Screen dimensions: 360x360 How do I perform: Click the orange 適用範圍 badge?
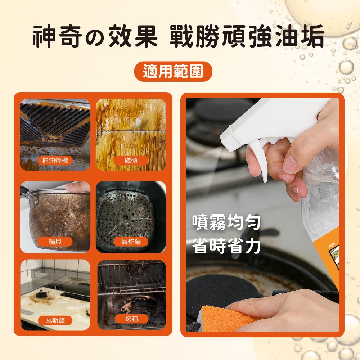click(x=173, y=71)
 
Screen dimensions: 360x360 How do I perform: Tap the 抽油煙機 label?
click(x=55, y=161)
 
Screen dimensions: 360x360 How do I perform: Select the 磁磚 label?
click(x=131, y=161)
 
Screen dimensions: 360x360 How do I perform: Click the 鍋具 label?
click(x=55, y=242)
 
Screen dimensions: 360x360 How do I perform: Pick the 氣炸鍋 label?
click(x=131, y=242)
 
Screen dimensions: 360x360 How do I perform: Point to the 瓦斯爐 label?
click(x=55, y=320)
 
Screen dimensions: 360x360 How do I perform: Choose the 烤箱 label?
click(x=131, y=319)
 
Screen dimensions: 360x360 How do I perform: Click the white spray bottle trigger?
click(x=258, y=158)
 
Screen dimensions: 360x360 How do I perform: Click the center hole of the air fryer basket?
click(x=125, y=217)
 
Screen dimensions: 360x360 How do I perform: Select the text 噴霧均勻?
click(x=226, y=222)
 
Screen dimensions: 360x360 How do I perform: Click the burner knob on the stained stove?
click(x=41, y=294)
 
